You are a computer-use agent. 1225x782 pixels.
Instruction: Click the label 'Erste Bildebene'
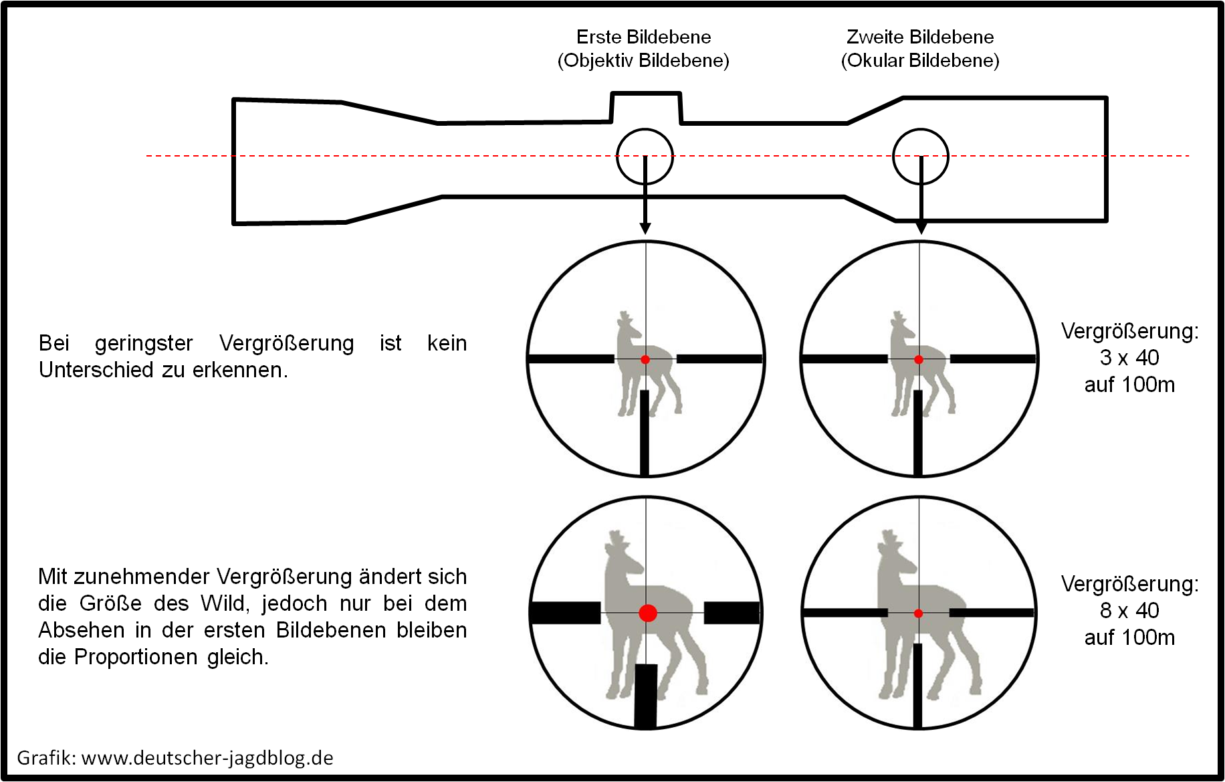(643, 37)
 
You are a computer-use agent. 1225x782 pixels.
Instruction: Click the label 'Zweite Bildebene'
(920, 37)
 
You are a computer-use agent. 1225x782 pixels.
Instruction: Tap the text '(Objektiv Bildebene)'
(643, 61)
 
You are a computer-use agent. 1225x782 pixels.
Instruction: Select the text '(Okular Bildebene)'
(920, 61)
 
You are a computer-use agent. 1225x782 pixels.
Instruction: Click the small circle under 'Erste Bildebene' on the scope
(645, 156)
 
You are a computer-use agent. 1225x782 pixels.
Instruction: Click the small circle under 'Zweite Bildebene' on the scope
(921, 156)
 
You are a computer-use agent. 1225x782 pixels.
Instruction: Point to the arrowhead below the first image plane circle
(645, 228)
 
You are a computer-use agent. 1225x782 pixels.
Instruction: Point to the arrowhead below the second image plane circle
(921, 228)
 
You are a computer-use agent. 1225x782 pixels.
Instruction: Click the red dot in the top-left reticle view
(645, 360)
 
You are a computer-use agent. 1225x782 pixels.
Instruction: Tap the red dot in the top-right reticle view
(919, 360)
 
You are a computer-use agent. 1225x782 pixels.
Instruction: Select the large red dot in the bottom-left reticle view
(647, 612)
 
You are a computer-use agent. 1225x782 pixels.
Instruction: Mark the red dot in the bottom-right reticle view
(918, 613)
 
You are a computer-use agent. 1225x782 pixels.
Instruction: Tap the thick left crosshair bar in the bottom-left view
(566, 613)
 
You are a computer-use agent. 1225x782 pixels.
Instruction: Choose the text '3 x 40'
(1129, 358)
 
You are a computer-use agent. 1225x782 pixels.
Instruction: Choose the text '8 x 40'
(1129, 611)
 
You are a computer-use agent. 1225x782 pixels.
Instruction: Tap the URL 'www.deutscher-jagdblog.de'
(207, 758)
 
